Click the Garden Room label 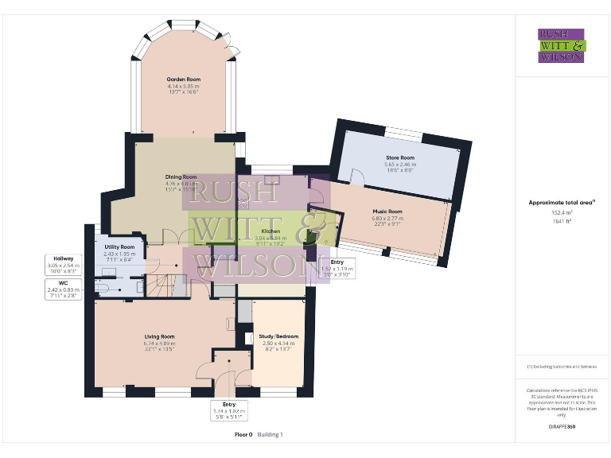tap(182, 80)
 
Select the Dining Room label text tap(181, 177)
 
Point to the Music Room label tap(387, 212)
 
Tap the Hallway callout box tap(64, 263)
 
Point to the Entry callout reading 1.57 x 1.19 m tap(337, 266)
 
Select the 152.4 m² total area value tap(562, 213)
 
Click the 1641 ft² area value tap(562, 221)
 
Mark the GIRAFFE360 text tap(562, 427)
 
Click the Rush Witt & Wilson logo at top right tap(562, 46)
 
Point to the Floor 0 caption tap(243, 435)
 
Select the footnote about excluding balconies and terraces tap(562, 367)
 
